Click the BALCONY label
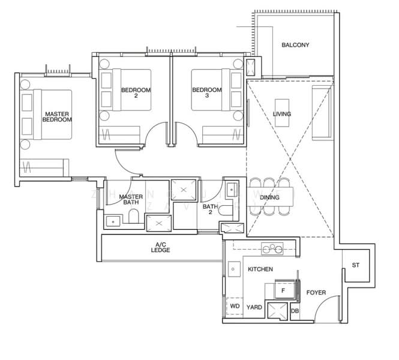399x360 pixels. point(295,45)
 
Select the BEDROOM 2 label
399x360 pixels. point(136,93)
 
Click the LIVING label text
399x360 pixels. point(282,114)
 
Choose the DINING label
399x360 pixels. point(269,197)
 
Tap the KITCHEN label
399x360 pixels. point(260,269)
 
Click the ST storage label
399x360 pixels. point(355,265)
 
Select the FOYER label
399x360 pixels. point(316,293)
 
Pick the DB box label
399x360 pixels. point(295,311)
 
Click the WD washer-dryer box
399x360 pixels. point(235,307)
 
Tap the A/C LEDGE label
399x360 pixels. point(160,247)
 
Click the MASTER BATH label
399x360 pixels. point(130,199)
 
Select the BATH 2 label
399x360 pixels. point(209,209)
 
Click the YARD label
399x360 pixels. point(254,307)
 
